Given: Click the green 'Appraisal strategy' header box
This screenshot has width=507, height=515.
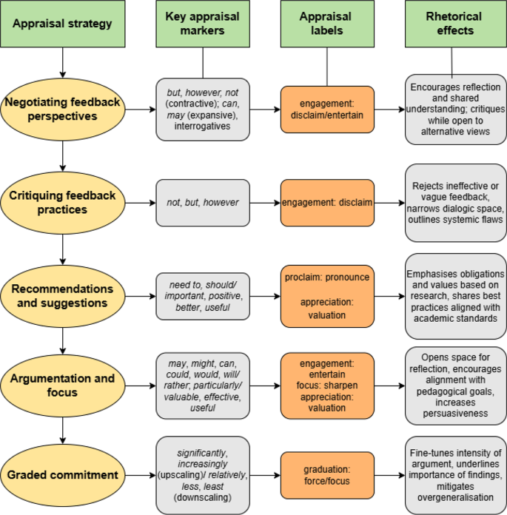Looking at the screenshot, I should coord(62,23).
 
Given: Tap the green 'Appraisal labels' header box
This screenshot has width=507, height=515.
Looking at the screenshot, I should coord(326,23).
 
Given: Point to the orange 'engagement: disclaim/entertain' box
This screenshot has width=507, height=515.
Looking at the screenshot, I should coord(326,110).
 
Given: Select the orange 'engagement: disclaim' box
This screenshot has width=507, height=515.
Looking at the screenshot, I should coord(326,203).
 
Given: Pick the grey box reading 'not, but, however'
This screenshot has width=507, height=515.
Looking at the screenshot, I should coord(202,203).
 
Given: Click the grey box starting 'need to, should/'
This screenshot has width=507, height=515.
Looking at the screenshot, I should coord(202,296).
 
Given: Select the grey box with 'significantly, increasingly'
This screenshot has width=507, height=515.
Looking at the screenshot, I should coord(202,475).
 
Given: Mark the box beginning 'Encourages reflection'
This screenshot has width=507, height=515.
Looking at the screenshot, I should coord(454,110).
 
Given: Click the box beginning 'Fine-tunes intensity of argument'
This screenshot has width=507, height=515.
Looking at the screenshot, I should coord(454,475).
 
